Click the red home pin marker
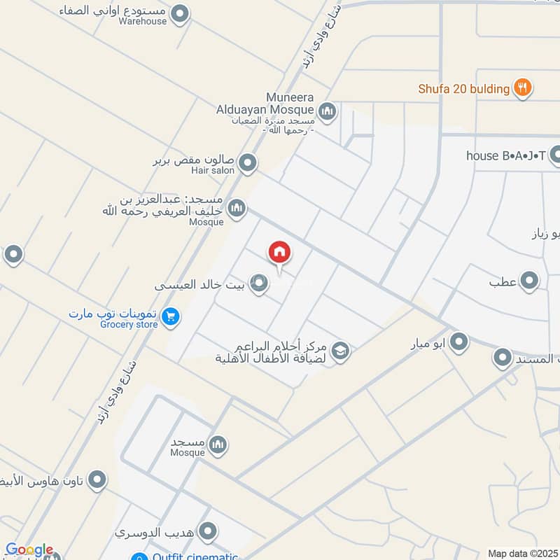coord(279,253)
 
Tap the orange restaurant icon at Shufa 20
coord(521,88)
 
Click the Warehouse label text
coord(143,22)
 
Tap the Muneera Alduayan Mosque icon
coord(327,111)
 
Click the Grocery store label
coord(129,325)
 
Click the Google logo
coord(29,550)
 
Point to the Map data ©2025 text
coord(521,553)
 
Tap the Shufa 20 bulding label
coord(464,89)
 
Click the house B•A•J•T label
coord(506,155)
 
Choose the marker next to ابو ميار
coord(458,342)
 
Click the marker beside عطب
coord(530,281)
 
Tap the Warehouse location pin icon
coord(181,13)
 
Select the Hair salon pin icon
coord(247,164)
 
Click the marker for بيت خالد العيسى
coord(259,283)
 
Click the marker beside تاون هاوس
coord(97,480)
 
